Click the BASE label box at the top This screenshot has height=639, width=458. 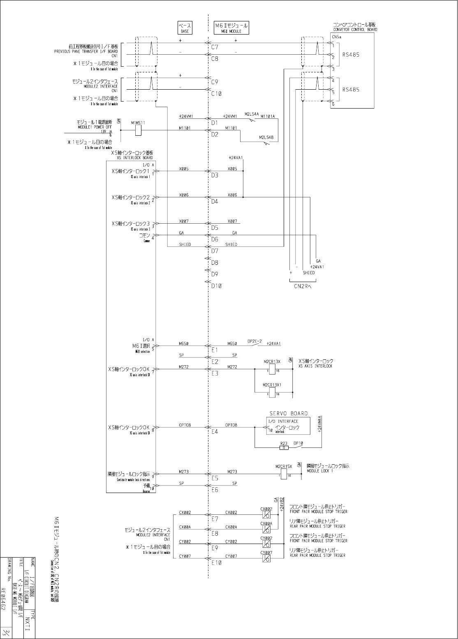pos(185,28)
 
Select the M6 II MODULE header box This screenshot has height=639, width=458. pos(231,28)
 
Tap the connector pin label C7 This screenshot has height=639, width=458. pos(215,47)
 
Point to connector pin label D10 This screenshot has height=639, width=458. pos(216,286)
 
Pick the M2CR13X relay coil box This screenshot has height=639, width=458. pos(272,369)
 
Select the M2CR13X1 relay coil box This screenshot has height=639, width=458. pos(272,392)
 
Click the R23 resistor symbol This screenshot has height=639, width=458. pos(284,447)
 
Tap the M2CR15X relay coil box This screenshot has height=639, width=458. pos(284,474)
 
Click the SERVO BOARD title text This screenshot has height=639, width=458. pos(288,413)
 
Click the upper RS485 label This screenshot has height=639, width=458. pos(351,54)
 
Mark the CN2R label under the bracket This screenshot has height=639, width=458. pos(303,287)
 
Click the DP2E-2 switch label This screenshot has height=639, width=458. pos(255,341)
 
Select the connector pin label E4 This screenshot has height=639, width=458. pos(215,432)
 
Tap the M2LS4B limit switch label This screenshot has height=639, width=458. pos(266,137)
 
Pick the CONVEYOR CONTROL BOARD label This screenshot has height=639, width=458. pos(355,30)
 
